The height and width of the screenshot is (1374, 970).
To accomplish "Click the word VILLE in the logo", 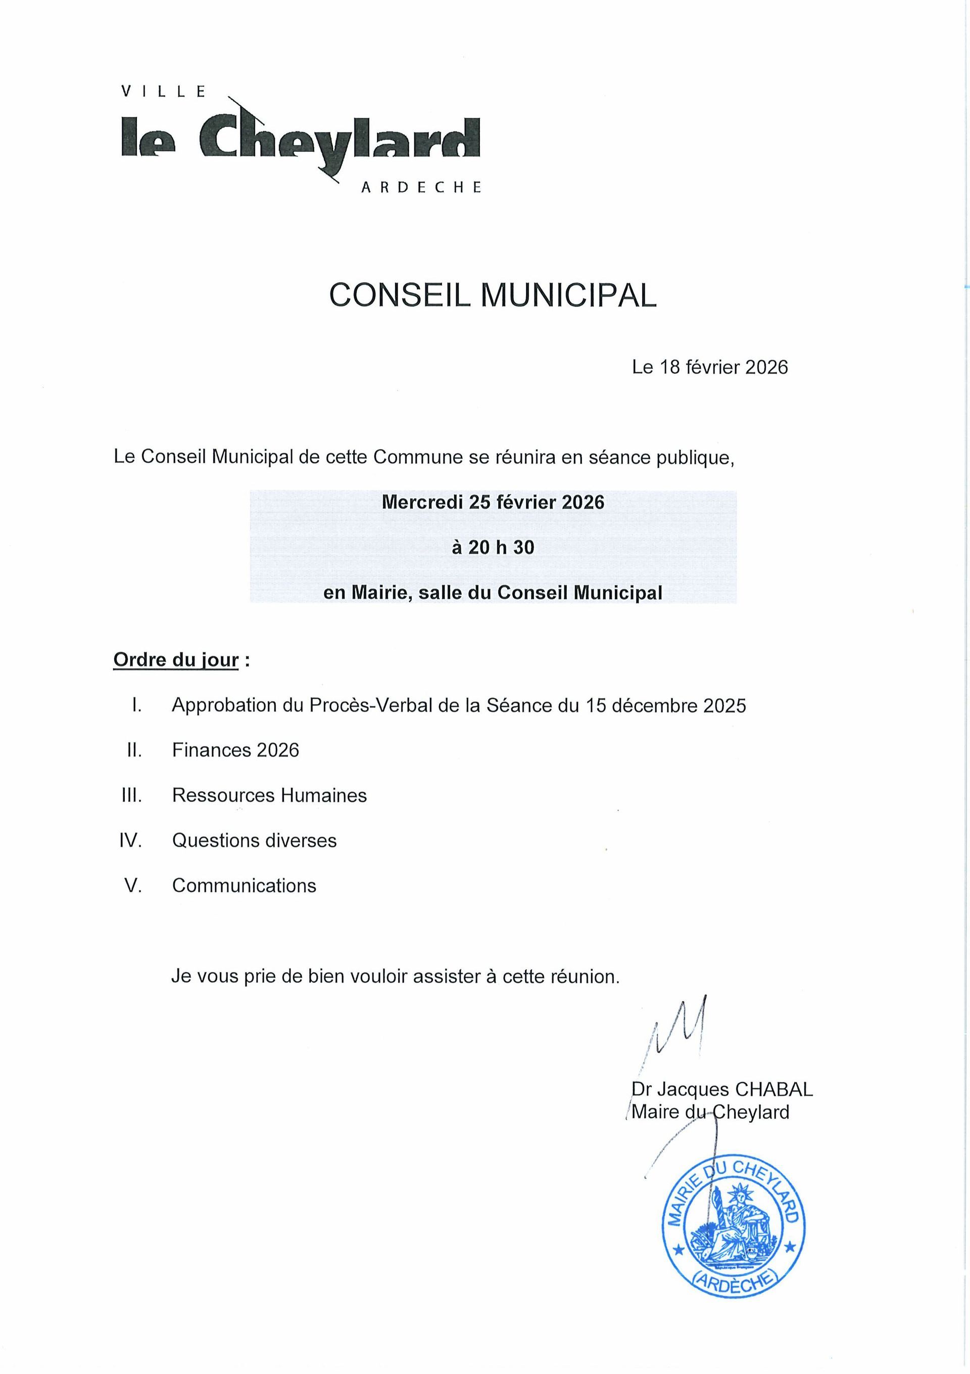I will tap(163, 92).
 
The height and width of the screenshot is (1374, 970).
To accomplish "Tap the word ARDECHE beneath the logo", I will tap(420, 187).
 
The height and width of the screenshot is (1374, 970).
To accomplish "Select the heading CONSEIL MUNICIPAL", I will tap(492, 295).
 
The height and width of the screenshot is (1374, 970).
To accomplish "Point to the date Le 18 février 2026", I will tap(709, 367).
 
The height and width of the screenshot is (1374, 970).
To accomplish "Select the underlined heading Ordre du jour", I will tap(176, 660).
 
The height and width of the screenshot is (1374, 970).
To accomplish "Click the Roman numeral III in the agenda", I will tap(131, 795).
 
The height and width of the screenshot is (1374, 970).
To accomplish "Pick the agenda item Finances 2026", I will tap(235, 750).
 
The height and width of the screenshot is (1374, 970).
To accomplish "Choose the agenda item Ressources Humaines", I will tap(269, 795).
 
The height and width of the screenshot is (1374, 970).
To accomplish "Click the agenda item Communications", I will tap(244, 885).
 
